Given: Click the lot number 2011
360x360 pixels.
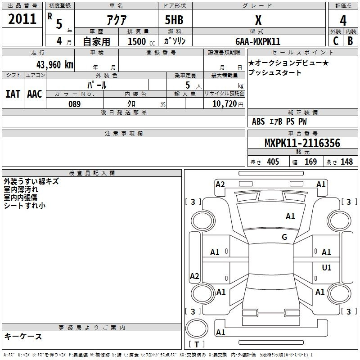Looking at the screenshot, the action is [x=22, y=19].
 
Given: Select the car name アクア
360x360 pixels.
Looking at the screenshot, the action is [x=117, y=20].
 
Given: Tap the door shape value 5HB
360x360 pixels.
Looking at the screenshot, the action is [x=174, y=20].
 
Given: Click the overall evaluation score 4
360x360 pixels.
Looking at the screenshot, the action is [x=343, y=20].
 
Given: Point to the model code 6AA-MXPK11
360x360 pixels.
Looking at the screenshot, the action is [x=258, y=41].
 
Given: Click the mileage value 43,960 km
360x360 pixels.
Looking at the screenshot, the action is [x=54, y=65].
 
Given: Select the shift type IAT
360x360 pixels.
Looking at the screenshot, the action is [x=13, y=94].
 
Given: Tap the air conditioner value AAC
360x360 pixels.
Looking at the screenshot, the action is [x=35, y=94].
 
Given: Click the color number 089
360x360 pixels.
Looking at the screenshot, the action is [x=75, y=104].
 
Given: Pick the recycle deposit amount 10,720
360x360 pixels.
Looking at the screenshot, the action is [x=224, y=104].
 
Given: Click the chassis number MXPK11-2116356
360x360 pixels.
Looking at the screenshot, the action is [x=302, y=143].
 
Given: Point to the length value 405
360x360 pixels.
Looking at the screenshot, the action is [x=273, y=162].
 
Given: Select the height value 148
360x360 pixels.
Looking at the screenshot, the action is [x=346, y=162].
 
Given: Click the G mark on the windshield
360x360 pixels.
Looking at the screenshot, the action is [x=284, y=237].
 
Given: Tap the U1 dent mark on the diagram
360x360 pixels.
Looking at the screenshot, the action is [x=327, y=267].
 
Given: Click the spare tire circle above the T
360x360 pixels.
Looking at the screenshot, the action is [x=197, y=328].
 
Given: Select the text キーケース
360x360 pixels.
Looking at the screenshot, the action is [x=23, y=336].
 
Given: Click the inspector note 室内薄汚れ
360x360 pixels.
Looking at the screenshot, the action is [x=21, y=189].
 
